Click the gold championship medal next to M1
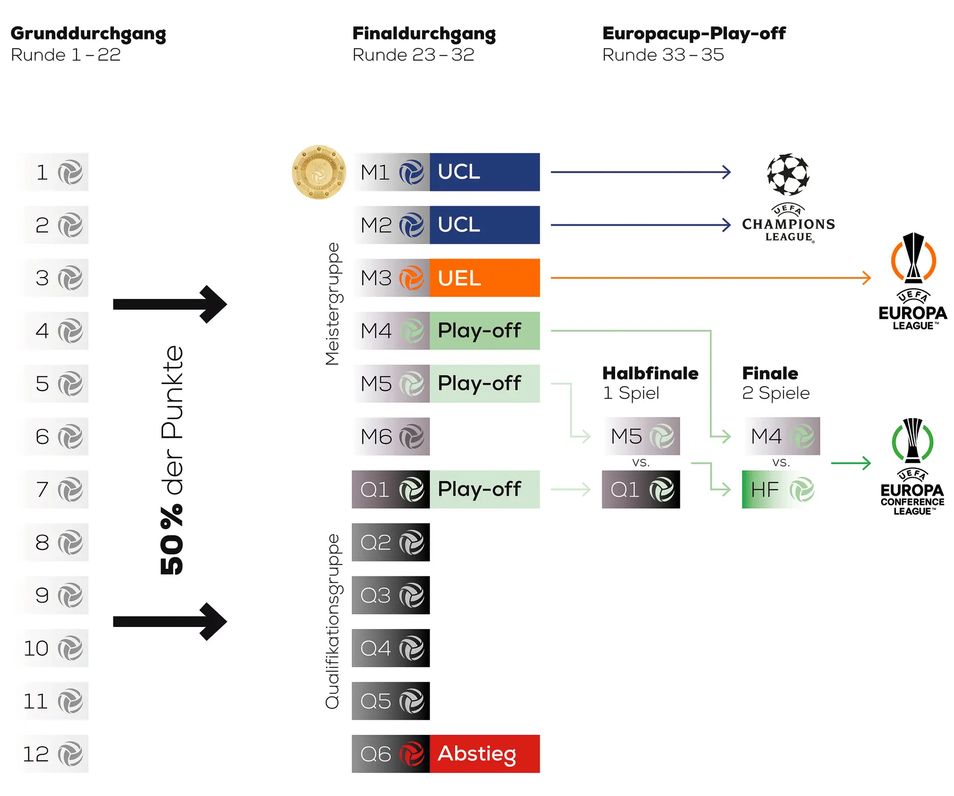click(x=318, y=172)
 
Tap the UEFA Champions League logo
click(x=788, y=198)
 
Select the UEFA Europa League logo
click(x=913, y=281)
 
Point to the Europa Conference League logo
click(x=913, y=467)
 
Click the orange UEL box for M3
click(x=484, y=278)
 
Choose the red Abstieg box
click(x=484, y=754)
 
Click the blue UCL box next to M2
click(x=484, y=225)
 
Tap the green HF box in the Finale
click(x=781, y=489)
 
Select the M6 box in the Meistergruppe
click(x=391, y=437)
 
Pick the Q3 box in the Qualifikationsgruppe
click(x=391, y=595)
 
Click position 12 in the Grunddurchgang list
click(x=54, y=754)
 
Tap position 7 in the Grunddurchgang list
click(x=54, y=489)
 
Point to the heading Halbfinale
click(x=650, y=373)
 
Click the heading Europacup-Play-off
click(x=694, y=33)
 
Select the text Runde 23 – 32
click(x=413, y=55)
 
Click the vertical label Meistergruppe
click(x=332, y=304)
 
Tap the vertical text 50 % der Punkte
click(x=172, y=460)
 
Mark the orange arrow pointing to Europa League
click(x=711, y=278)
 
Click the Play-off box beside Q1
click(x=484, y=489)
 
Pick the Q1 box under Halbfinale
click(x=641, y=489)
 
